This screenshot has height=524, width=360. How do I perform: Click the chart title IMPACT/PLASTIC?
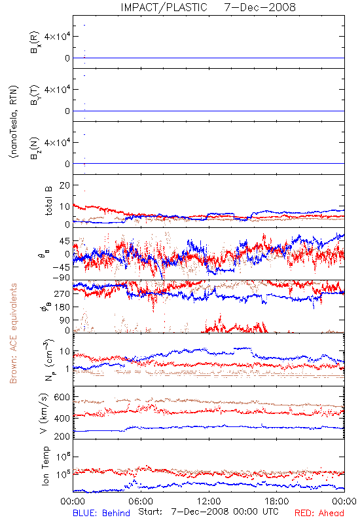(164, 7)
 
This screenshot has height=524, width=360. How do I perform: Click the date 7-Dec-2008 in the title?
(260, 7)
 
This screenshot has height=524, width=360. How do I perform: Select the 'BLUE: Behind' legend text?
(101, 513)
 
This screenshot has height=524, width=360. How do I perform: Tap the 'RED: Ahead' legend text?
(319, 513)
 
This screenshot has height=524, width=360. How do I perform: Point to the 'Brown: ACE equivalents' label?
(13, 333)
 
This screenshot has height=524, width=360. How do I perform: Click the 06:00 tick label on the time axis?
(141, 501)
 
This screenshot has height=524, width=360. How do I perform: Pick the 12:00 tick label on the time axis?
(209, 501)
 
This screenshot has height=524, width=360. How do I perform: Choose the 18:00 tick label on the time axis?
(276, 501)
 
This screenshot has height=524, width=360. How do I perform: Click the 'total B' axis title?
(48, 201)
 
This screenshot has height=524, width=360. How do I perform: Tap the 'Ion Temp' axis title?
(45, 466)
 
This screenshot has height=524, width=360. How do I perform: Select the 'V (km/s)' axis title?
(44, 413)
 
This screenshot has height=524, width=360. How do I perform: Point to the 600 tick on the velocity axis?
(62, 397)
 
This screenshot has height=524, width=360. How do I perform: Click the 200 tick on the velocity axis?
(62, 436)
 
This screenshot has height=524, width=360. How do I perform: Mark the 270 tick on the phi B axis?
(62, 293)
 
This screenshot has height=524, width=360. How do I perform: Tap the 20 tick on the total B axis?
(64, 185)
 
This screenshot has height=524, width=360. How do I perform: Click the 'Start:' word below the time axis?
(151, 512)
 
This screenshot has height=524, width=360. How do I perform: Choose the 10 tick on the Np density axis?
(64, 351)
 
